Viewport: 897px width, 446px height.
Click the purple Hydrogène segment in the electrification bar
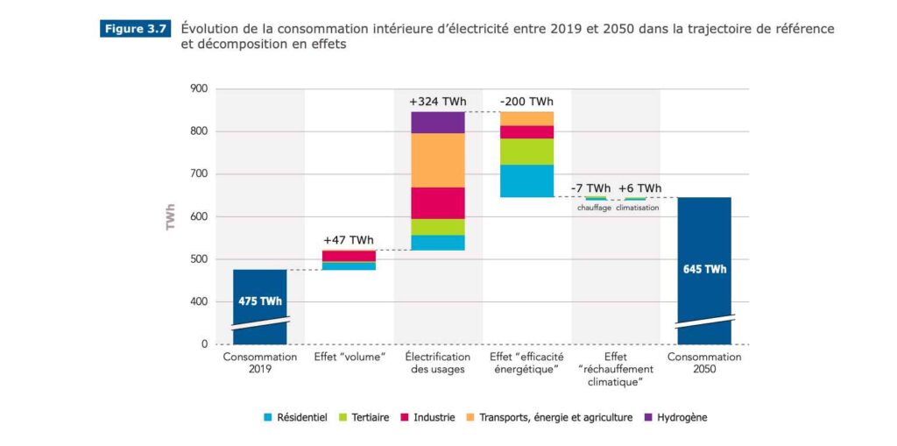(437, 122)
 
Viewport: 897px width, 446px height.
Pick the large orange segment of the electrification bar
(437, 159)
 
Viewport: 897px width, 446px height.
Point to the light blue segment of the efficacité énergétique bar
(526, 181)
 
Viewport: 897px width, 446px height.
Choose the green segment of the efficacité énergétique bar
(526, 152)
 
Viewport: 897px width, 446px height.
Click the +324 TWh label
(437, 102)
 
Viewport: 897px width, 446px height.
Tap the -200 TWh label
(526, 102)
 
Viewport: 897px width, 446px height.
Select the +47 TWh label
(348, 240)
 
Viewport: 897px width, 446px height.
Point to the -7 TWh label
(591, 188)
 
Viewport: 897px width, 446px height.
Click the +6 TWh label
(639, 188)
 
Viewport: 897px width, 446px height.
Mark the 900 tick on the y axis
(198, 88)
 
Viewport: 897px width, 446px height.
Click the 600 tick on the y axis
(198, 216)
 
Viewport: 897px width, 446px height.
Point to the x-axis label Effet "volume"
(349, 358)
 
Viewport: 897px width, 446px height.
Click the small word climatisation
(637, 208)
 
